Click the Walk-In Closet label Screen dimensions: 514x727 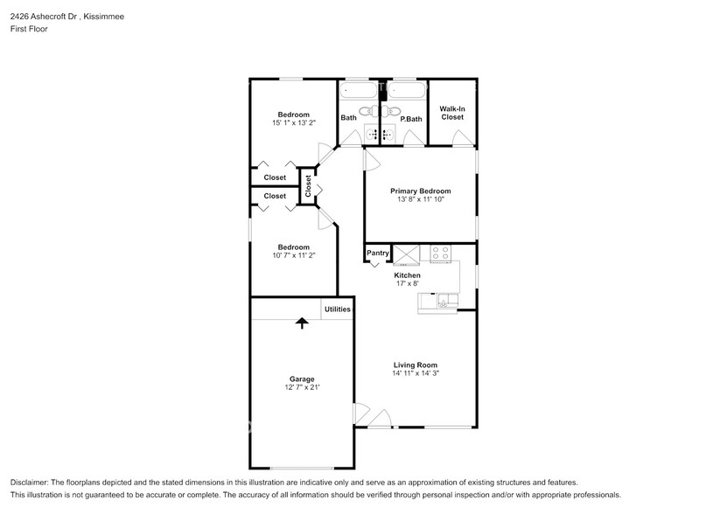451,113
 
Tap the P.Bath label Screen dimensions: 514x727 411,119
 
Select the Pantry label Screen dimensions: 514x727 377,254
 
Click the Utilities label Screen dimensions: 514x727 338,309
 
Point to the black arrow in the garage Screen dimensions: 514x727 302,323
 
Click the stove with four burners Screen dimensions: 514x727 440,254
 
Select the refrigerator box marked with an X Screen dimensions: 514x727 407,254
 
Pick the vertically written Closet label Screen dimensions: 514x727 308,186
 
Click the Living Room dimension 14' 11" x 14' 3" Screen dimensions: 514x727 416,373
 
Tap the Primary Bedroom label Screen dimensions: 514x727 420,191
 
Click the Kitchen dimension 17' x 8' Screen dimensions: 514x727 407,283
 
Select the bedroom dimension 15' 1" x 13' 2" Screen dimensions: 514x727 294,123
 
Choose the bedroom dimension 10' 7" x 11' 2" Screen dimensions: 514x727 294,255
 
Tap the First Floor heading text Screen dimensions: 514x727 29,29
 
